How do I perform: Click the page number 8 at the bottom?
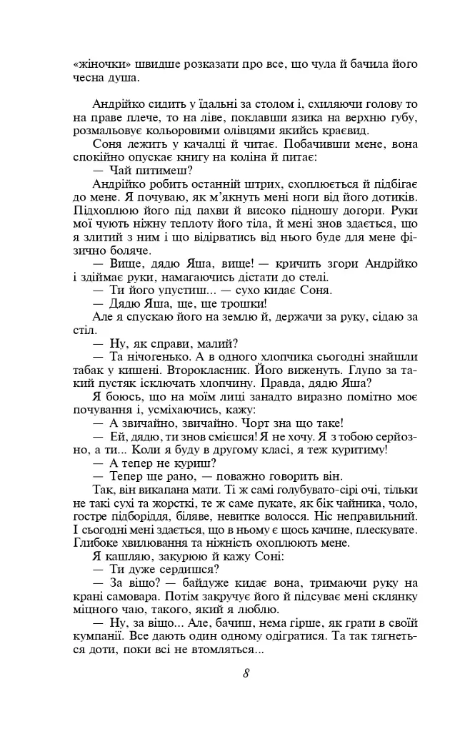click(x=245, y=674)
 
